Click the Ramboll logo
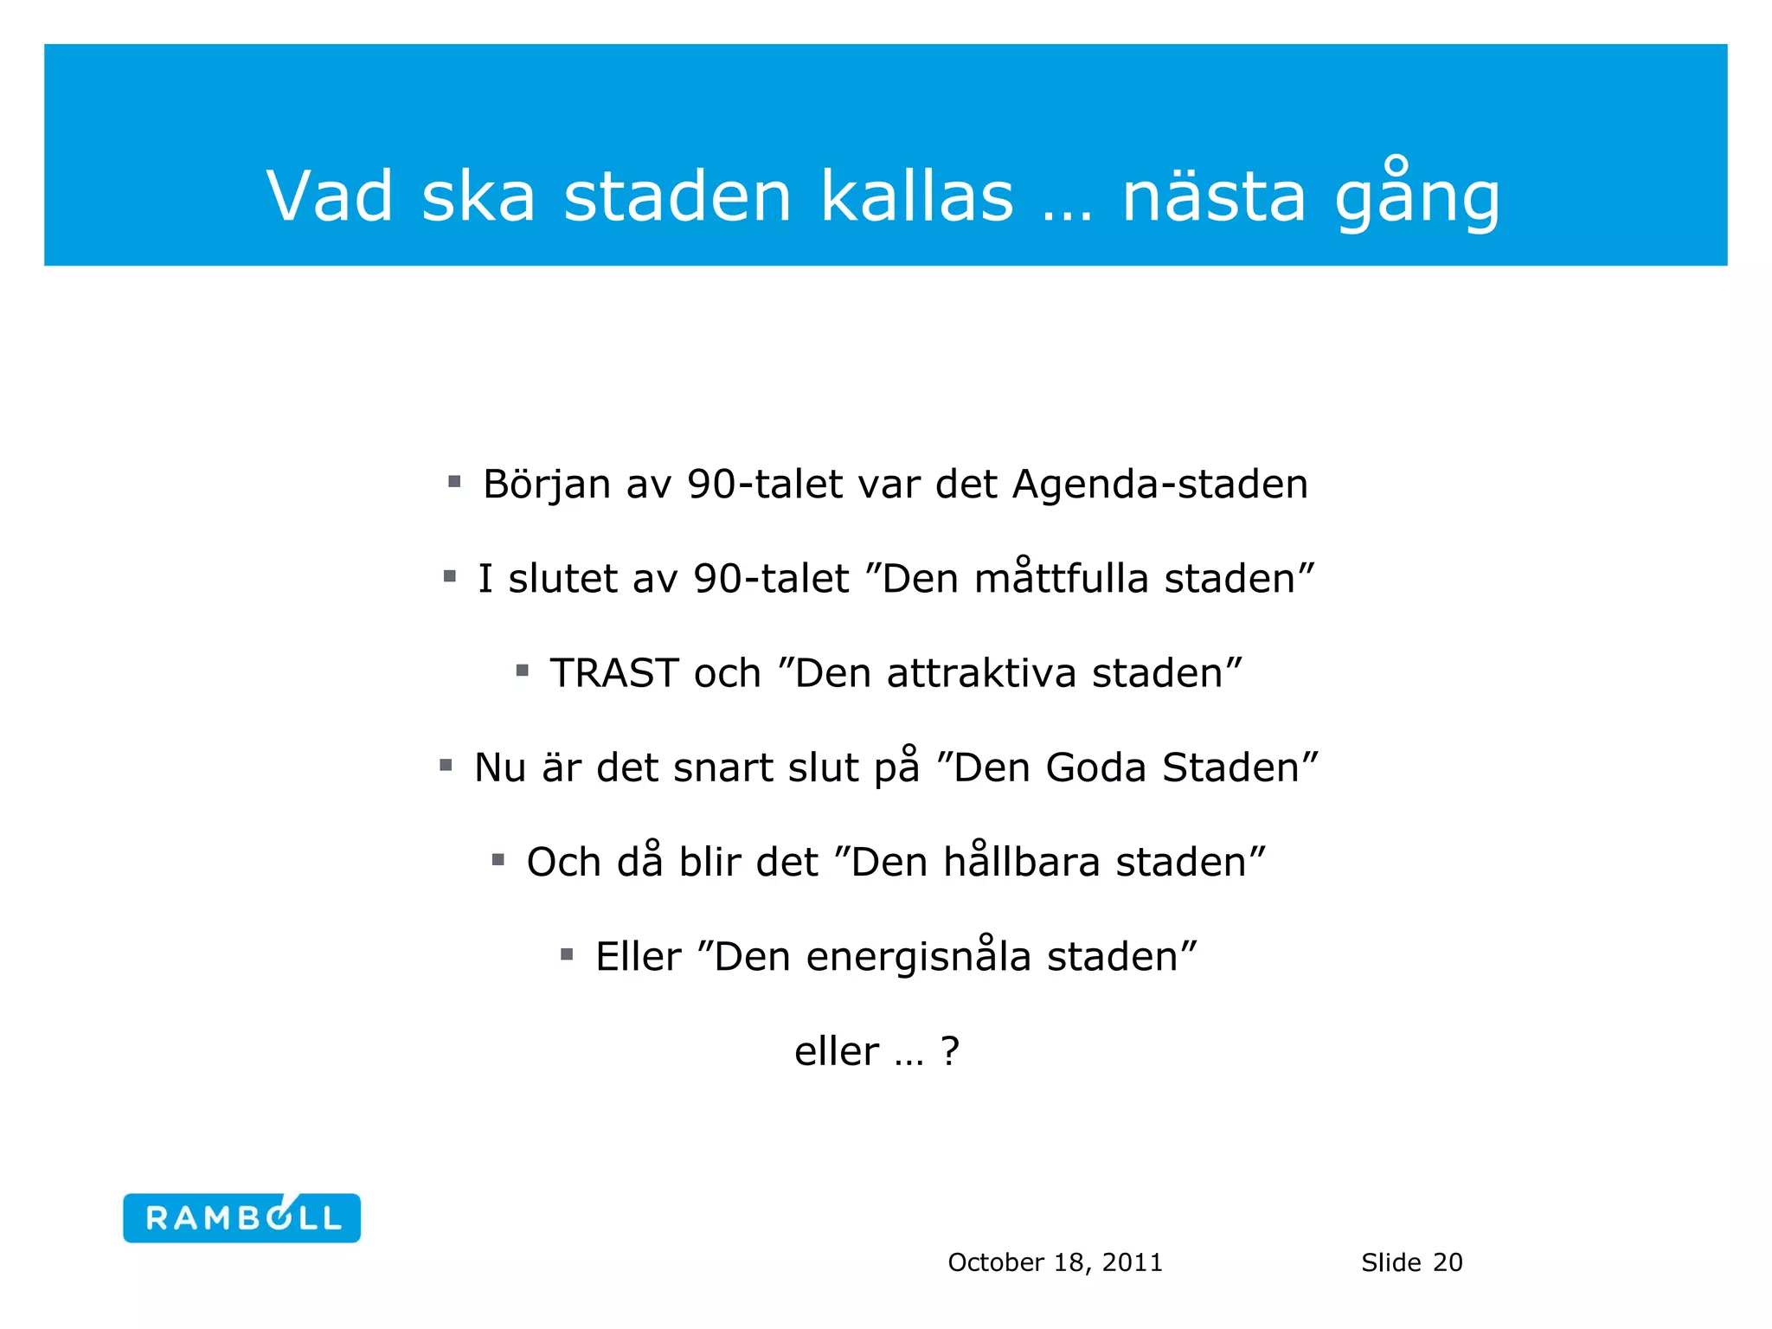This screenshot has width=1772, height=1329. [241, 1217]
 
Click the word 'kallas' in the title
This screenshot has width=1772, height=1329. [916, 196]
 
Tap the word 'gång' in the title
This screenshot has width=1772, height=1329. [1416, 196]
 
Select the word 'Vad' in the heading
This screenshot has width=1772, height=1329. [330, 196]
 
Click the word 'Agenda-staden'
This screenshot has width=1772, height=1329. [1159, 484]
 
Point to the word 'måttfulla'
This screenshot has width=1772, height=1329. [1061, 578]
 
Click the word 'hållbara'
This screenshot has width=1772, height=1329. [1021, 862]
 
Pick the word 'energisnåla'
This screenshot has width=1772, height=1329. [918, 956]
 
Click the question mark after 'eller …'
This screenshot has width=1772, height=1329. [950, 1051]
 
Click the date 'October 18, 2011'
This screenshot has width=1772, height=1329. [1055, 1262]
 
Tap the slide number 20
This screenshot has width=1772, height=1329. [1448, 1262]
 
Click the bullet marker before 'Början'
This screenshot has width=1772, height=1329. [454, 481]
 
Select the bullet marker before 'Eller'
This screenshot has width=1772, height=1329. [567, 954]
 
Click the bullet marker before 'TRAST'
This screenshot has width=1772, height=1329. [522, 671]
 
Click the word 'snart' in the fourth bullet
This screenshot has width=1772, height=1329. [722, 767]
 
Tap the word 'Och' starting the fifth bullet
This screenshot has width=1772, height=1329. [564, 862]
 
